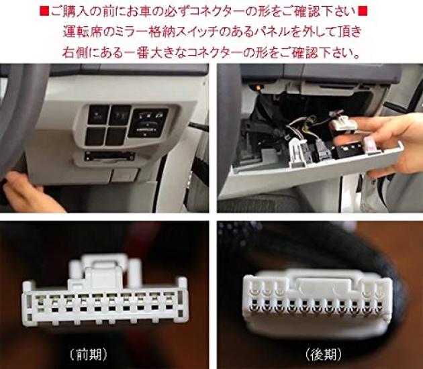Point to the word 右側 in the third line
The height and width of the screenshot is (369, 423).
coord(75,52)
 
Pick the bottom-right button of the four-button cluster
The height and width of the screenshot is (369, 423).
coord(117,136)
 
